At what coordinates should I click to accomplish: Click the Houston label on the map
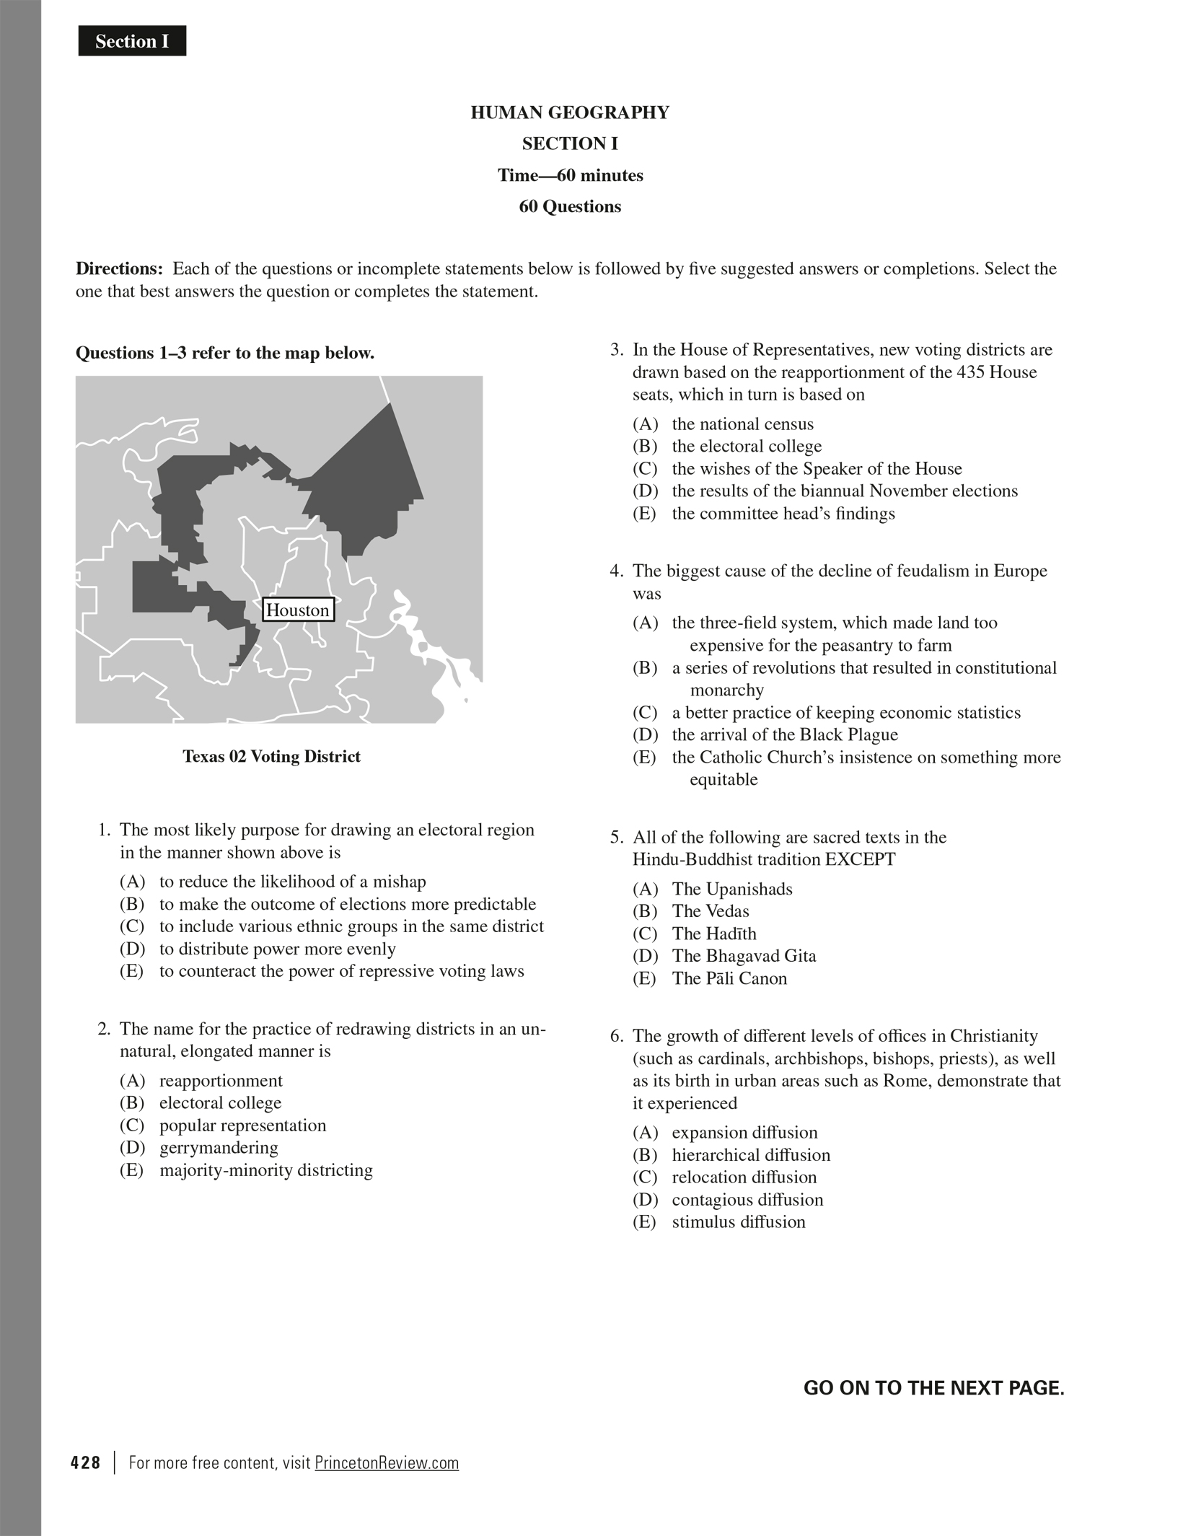[x=298, y=610]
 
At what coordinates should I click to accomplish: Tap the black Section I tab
[x=132, y=41]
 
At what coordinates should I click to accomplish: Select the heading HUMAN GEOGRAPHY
[x=570, y=113]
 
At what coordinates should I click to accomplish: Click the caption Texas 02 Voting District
[x=271, y=756]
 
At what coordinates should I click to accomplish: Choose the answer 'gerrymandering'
[x=218, y=1147]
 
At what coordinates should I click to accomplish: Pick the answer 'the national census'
[x=742, y=424]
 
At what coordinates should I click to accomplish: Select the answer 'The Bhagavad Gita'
[x=744, y=956]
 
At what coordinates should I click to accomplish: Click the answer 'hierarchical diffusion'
[x=751, y=1154]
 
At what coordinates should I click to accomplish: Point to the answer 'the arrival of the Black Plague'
[x=785, y=734]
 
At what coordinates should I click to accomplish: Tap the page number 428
[x=86, y=1462]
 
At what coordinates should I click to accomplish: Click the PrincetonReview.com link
[x=387, y=1462]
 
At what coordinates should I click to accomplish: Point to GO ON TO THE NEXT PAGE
[x=933, y=1388]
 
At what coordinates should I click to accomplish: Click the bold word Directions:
[x=120, y=269]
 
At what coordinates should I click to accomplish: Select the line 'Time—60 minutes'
[x=570, y=175]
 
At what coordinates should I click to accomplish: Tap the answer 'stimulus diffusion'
[x=738, y=1221]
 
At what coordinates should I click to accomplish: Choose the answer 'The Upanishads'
[x=732, y=889]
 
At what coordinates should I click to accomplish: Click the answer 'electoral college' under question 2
[x=220, y=1102]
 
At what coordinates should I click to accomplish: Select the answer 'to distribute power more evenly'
[x=277, y=949]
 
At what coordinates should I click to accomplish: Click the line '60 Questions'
[x=570, y=206]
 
